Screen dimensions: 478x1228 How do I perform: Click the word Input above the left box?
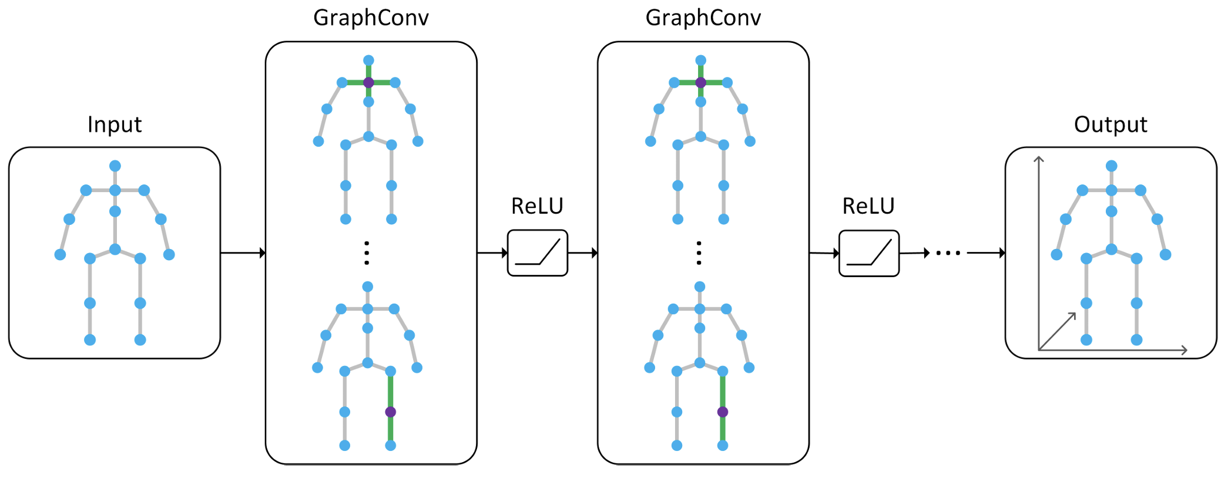(x=115, y=124)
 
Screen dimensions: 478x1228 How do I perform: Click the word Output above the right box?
(x=1110, y=124)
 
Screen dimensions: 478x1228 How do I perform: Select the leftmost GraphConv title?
(x=371, y=18)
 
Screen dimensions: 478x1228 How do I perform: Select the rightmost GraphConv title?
(x=703, y=18)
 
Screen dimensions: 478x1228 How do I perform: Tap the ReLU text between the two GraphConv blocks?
(x=537, y=206)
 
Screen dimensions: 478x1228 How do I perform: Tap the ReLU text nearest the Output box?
(x=868, y=206)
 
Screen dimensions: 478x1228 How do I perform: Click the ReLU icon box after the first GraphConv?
(x=537, y=253)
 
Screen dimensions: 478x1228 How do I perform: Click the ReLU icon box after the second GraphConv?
(x=868, y=254)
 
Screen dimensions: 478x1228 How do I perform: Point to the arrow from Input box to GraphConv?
(x=243, y=253)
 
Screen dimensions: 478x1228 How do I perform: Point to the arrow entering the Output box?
(x=986, y=253)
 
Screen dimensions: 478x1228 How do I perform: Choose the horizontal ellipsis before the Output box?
(x=948, y=253)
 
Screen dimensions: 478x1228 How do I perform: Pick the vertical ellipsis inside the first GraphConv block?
(x=367, y=253)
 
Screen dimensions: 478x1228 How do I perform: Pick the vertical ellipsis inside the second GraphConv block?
(x=699, y=253)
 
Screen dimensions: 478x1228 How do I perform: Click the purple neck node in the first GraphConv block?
(x=368, y=83)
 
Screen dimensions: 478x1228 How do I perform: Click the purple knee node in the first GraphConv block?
(x=391, y=412)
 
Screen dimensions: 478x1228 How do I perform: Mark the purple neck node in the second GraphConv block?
(x=700, y=83)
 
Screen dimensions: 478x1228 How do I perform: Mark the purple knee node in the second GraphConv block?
(x=723, y=412)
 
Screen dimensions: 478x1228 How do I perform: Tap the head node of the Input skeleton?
(x=115, y=166)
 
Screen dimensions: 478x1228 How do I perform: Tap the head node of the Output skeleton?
(x=1111, y=166)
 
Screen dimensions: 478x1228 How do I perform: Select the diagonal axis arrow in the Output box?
(x=1057, y=332)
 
